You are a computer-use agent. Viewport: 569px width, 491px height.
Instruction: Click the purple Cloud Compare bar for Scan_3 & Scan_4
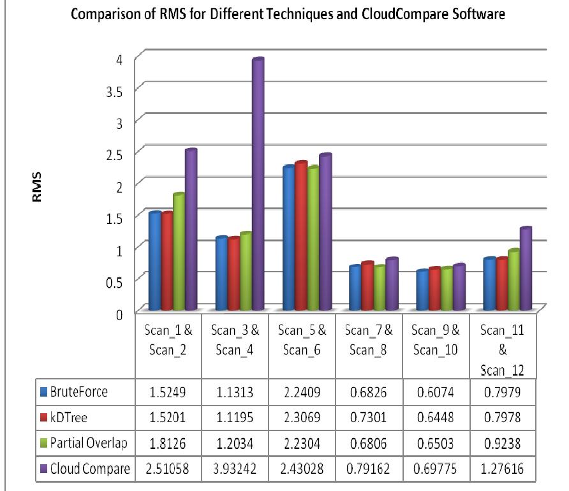click(257, 185)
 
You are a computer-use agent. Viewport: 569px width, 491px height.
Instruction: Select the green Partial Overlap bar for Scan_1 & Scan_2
click(179, 252)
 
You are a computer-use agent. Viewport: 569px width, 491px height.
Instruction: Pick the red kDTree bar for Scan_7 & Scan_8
click(367, 286)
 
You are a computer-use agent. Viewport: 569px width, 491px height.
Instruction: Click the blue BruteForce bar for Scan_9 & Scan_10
click(420, 290)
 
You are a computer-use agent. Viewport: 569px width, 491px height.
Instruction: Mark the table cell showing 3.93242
click(234, 469)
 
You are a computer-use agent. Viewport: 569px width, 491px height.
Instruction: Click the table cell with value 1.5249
click(167, 392)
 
